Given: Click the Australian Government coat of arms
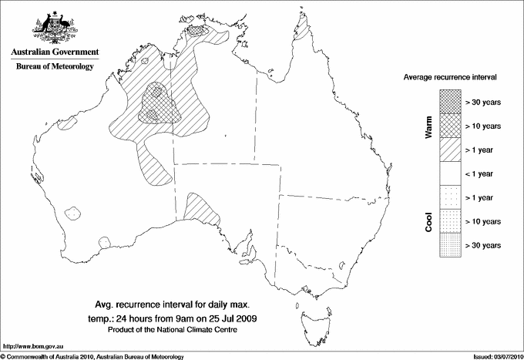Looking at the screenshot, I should tap(54, 27).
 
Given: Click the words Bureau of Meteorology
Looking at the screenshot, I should tap(55, 67).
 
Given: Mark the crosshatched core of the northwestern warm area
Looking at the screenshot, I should tap(158, 105).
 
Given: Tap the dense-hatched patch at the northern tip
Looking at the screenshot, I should tap(201, 32).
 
